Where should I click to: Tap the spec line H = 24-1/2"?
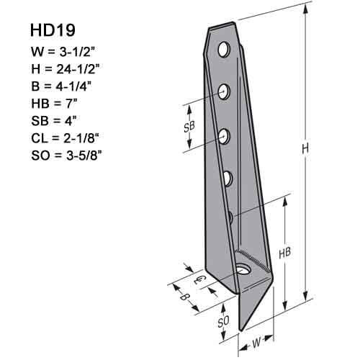pyautogui.click(x=66, y=70)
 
